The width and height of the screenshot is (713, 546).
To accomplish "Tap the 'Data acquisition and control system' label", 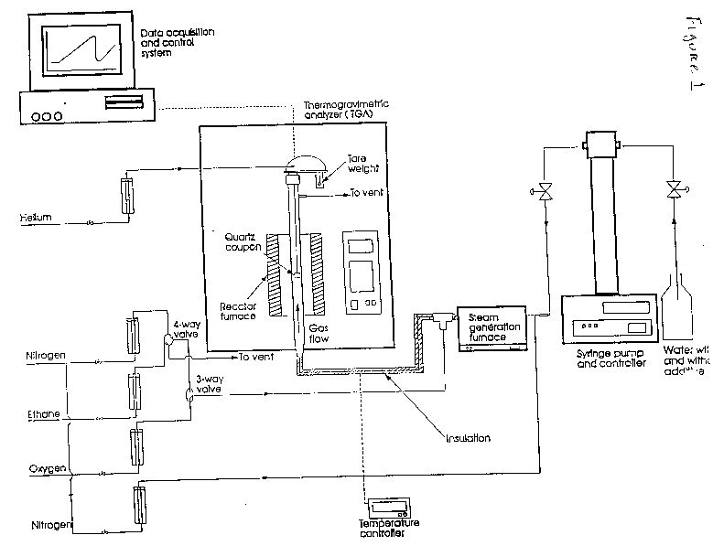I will tap(178, 42).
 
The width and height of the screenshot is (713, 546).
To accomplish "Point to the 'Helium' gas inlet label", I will tap(38, 217).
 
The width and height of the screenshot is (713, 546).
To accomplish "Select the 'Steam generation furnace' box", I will tap(491, 325).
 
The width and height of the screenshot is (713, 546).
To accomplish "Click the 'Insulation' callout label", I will tap(470, 438).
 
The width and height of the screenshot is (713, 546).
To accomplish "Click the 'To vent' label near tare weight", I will tap(369, 194).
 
